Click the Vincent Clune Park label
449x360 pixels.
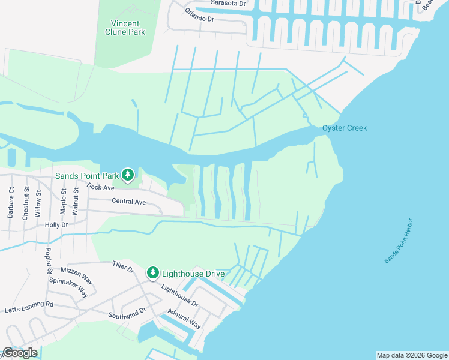125,28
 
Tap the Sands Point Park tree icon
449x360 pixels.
127,175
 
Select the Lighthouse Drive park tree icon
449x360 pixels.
153,273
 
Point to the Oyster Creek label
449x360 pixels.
345,128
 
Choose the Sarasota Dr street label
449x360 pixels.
229,3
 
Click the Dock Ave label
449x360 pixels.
100,187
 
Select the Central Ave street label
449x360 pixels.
128,202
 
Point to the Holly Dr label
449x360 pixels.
56,224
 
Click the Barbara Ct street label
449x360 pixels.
11,204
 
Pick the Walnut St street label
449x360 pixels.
76,199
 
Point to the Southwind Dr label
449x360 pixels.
127,313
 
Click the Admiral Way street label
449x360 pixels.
184,317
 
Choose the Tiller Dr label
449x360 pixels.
123,267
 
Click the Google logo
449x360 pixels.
20,353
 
